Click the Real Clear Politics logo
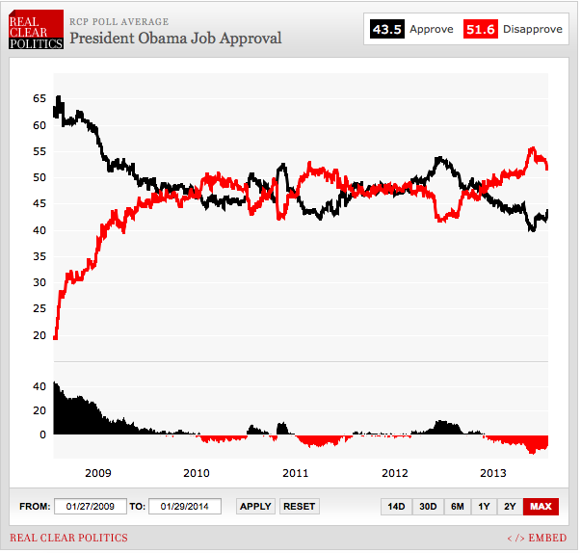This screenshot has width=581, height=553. pos(37,31)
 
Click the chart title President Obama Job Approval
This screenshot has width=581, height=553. pos(175,39)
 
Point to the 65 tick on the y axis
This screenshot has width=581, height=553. pos(40,98)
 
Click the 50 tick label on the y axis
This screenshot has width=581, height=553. pos(40,177)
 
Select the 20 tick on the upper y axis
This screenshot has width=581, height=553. pos(40,335)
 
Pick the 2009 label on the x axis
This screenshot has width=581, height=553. pos(98,473)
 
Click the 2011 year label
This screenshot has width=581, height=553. pos(296,473)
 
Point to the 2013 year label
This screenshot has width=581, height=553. pos(493,473)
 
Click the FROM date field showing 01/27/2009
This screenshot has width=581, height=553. pos(90,506)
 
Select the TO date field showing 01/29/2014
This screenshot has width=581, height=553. pos(186,506)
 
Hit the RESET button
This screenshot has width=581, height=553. pos(300,506)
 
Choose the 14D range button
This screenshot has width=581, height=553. pos(396,506)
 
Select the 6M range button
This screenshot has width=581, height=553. pos(457,506)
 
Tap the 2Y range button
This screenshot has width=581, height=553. pos(510,506)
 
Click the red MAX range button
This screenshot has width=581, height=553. pos(541,506)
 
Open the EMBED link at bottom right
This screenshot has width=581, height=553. pos(538,538)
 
